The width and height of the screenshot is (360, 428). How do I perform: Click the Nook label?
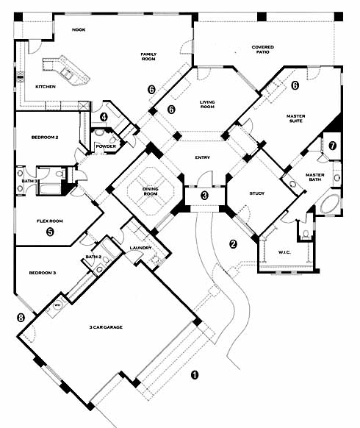pyautogui.click(x=79, y=29)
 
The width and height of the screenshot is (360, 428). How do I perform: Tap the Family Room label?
pyautogui.click(x=148, y=57)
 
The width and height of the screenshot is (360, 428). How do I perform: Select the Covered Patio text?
pyautogui.click(x=262, y=49)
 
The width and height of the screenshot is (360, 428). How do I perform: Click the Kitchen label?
pyautogui.click(x=46, y=87)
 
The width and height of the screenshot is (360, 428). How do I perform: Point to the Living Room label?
pyautogui.click(x=207, y=104)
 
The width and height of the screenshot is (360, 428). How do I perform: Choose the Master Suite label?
pyautogui.click(x=295, y=118)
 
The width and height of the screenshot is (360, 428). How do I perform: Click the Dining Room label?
pyautogui.click(x=151, y=191)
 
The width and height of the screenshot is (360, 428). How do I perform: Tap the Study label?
pyautogui.click(x=257, y=193)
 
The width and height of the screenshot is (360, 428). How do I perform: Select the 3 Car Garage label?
pyautogui.click(x=106, y=327)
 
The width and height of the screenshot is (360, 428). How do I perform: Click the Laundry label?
pyautogui.click(x=140, y=248)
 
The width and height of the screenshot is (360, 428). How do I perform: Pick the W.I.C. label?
pyautogui.click(x=284, y=252)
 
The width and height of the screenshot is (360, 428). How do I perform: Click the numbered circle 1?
pyautogui.click(x=195, y=375)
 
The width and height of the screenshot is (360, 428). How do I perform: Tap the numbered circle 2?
pyautogui.click(x=233, y=243)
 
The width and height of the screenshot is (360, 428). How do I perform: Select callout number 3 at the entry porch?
pyautogui.click(x=204, y=195)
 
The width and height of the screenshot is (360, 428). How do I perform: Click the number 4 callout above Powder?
pyautogui.click(x=104, y=117)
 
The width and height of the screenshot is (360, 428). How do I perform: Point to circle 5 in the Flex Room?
pyautogui.click(x=50, y=232)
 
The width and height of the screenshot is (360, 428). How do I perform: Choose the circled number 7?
pyautogui.click(x=332, y=146)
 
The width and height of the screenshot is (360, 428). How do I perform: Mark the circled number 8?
pyautogui.click(x=21, y=318)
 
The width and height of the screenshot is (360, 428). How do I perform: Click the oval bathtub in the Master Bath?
pyautogui.click(x=330, y=204)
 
